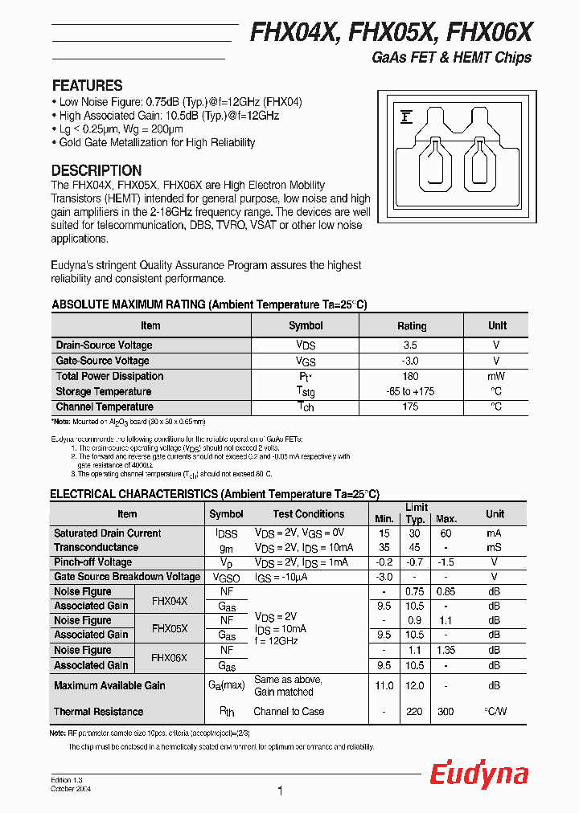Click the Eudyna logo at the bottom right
click(478, 774)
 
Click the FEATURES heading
click(87, 85)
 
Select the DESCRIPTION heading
click(96, 170)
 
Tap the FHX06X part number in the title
click(489, 32)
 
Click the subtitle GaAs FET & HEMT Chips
click(451, 58)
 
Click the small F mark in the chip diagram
click(406, 118)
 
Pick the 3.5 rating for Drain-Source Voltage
click(411, 345)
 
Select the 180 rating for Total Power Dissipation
click(411, 376)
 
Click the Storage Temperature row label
click(104, 391)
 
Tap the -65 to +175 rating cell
click(411, 391)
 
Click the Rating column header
click(411, 325)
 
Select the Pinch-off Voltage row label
click(92, 562)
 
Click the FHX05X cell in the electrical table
click(170, 627)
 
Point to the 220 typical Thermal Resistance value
click(415, 711)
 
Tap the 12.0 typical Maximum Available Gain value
click(415, 685)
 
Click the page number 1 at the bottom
click(280, 791)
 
